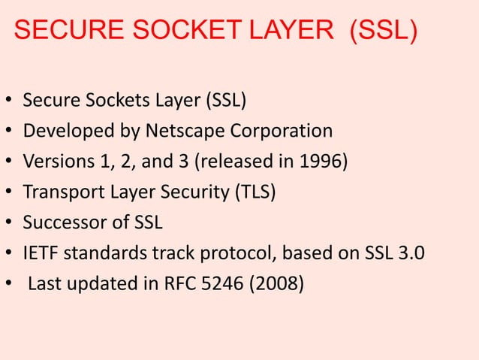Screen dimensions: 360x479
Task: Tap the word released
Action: (252, 162)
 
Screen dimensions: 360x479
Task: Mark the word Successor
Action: (60, 223)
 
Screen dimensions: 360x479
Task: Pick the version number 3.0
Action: (411, 253)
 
